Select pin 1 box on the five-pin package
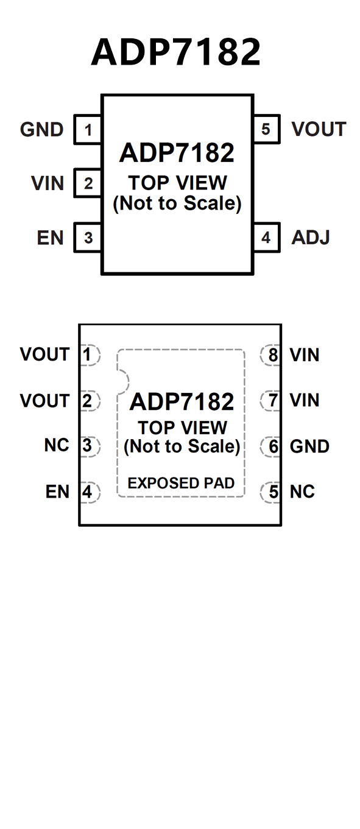pos(88,130)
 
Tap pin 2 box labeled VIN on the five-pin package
pos(88,183)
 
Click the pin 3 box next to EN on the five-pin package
pos(88,238)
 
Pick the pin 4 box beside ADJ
pos(266,238)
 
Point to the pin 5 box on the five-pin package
pos(266,129)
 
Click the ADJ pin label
pos(311,238)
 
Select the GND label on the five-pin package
pos(42,130)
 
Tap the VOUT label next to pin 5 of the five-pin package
pos(319,129)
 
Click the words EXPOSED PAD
pos(181,483)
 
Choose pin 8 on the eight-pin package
pos(270,355)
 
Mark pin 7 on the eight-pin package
pos(270,400)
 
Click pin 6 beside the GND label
pos(270,446)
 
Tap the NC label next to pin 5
pos(302,492)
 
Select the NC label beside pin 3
pos(57,445)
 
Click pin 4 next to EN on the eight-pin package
pos(90,492)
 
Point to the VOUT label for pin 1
pos(44,355)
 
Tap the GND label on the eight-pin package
pos(309,446)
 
